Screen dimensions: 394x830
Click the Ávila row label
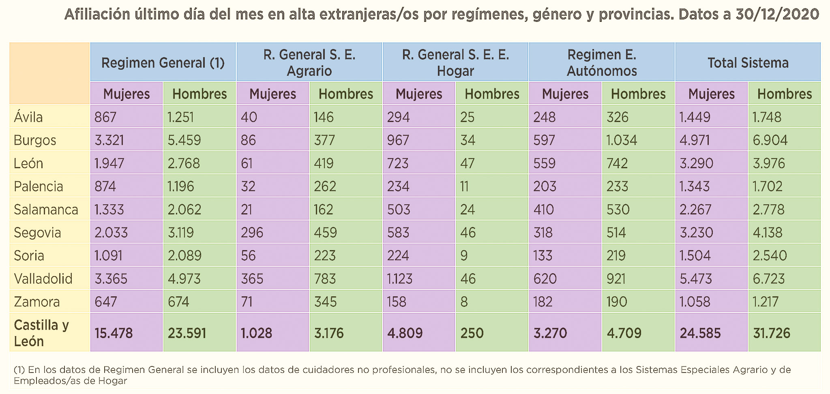click(28, 117)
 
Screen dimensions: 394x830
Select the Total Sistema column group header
click(748, 63)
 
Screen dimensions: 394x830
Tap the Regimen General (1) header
click(163, 63)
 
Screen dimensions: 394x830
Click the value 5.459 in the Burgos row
click(184, 140)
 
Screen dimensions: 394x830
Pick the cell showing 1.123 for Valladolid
click(400, 279)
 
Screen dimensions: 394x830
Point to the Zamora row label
click(37, 302)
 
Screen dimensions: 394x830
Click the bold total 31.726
click(772, 333)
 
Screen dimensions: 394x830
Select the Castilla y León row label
click(41, 333)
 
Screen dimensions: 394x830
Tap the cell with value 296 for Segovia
click(252, 233)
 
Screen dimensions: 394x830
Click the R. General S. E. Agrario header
click(309, 63)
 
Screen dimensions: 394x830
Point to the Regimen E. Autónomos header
click(602, 63)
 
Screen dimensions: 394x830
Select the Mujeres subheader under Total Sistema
click(711, 94)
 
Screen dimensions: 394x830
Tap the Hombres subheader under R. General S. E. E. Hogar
click(492, 94)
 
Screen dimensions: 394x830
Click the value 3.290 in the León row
click(696, 163)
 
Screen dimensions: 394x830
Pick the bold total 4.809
click(405, 333)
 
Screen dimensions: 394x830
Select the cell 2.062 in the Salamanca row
click(184, 210)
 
